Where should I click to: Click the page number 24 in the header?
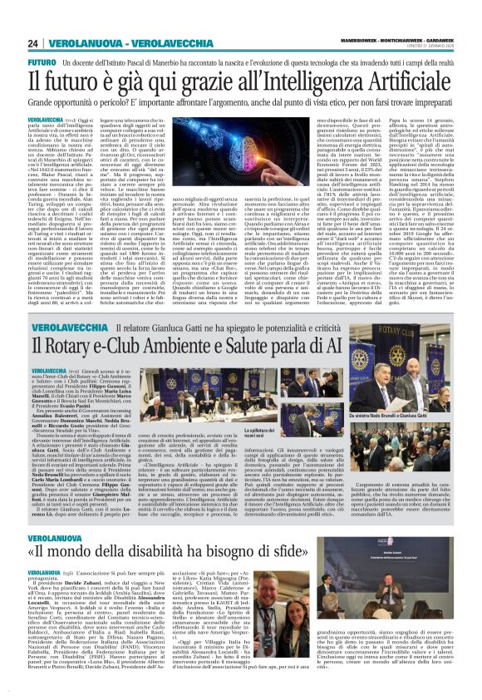click(32, 43)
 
